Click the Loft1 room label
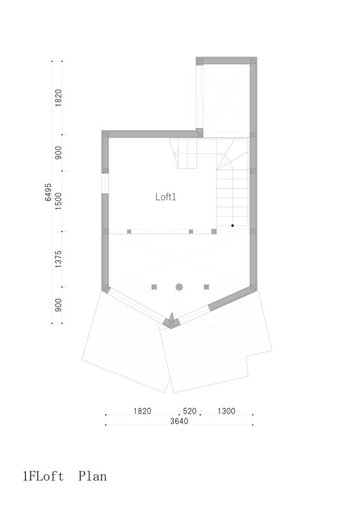coord(166,196)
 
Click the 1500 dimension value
coord(59,201)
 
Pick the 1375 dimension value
coord(59,260)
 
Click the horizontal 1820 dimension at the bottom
coord(142,411)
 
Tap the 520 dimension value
coord(190,411)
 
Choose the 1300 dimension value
coord(226,411)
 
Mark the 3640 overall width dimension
coord(179,421)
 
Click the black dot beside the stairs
coord(232,225)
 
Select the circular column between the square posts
coord(179,287)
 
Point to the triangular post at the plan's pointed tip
coord(170,320)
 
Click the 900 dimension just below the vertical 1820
coord(59,153)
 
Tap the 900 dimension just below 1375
coord(59,305)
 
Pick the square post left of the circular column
coord(154,287)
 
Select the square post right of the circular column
coord(205,287)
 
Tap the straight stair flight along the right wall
coord(232,198)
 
